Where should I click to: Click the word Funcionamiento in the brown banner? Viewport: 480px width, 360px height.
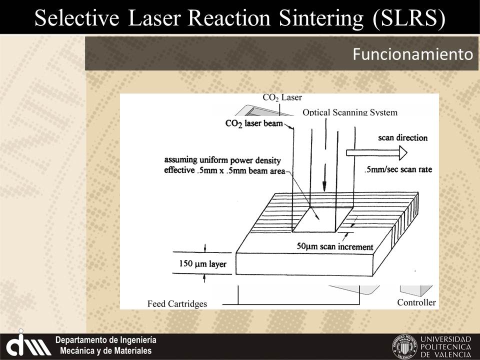412,54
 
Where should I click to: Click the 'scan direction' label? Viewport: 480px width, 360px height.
402,137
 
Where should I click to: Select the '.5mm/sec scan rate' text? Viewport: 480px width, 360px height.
398,169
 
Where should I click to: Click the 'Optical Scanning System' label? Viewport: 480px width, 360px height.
350,112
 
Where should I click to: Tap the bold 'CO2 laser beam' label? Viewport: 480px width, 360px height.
254,123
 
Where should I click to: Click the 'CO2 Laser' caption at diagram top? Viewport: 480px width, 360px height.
282,97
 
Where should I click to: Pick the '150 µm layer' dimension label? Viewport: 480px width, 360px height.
202,263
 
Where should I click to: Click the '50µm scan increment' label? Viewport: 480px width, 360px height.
335,246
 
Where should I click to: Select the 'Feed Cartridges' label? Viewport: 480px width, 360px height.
177,303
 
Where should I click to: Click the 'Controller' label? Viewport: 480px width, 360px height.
416,302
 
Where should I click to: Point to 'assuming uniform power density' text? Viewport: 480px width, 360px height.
223,160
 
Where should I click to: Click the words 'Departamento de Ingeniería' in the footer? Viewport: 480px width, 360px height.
106,340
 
